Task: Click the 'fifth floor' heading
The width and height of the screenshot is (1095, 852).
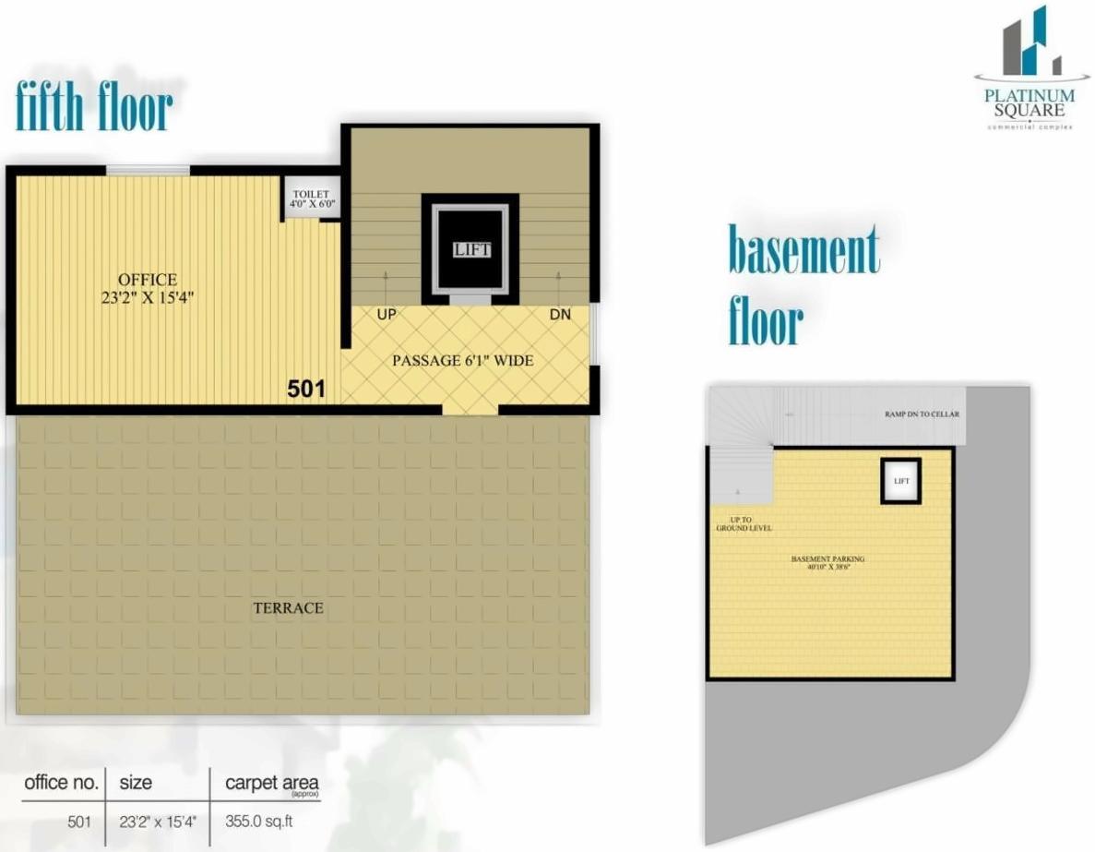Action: [x=94, y=107]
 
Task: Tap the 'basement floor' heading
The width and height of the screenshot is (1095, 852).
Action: [x=803, y=285]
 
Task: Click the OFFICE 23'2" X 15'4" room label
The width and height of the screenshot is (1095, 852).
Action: [x=148, y=288]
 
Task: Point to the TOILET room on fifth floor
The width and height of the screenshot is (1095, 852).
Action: [x=311, y=198]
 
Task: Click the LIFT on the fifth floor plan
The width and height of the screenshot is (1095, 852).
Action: [x=470, y=249]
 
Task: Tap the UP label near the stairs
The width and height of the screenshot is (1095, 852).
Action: [x=387, y=315]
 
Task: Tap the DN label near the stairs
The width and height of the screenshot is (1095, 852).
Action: [x=560, y=315]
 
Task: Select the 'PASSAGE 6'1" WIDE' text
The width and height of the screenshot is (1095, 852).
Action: [x=462, y=360]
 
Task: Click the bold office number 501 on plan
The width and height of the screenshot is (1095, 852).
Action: [x=306, y=390]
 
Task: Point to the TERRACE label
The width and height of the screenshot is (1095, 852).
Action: [x=288, y=607]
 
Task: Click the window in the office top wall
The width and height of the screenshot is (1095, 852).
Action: [x=148, y=170]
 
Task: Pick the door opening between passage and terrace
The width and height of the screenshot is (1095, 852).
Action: [x=470, y=409]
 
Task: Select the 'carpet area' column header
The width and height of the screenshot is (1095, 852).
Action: [x=272, y=784]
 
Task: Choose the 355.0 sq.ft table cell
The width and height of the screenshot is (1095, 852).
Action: [x=259, y=820]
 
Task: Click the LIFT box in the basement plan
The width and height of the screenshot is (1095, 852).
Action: [x=900, y=481]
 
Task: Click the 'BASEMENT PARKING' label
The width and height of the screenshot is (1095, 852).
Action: [x=827, y=560]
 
